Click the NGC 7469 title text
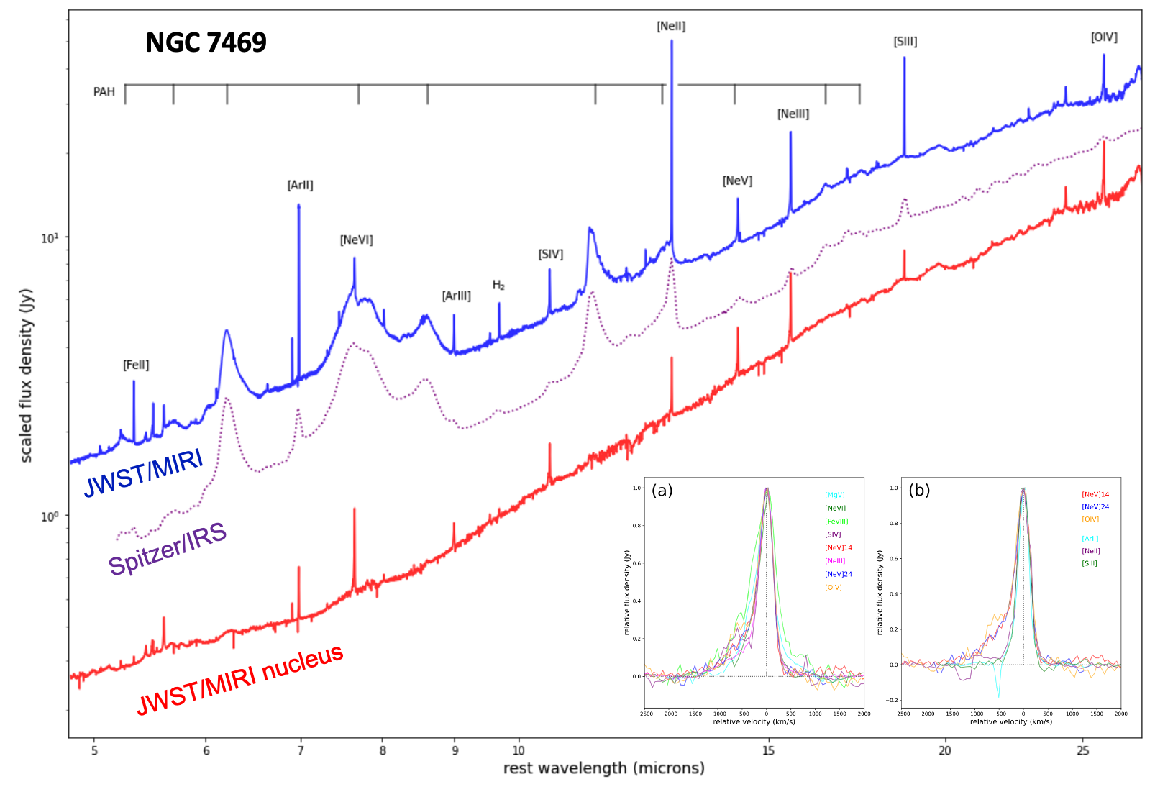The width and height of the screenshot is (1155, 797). pos(206,43)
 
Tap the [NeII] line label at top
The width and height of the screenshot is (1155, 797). pos(671,27)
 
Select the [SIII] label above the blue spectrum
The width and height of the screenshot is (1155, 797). pos(905,42)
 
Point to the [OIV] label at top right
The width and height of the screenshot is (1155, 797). pos(1104,37)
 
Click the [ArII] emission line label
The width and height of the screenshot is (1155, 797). pos(300,186)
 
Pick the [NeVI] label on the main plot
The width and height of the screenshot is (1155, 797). pos(356,240)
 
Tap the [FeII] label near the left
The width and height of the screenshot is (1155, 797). pos(136,365)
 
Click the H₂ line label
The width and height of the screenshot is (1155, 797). pos(498,286)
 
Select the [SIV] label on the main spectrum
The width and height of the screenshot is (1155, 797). pos(550,255)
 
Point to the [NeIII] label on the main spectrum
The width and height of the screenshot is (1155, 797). pos(793,114)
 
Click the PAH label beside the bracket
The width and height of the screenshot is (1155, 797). pos(104,92)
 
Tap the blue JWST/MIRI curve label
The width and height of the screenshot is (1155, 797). pos(144,473)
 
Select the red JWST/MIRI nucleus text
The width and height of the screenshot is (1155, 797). pos(240,680)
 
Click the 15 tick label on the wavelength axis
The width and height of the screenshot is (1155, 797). pos(768,751)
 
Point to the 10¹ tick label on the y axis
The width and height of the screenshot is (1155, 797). pos(49,238)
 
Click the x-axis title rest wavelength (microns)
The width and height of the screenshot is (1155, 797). pos(603,768)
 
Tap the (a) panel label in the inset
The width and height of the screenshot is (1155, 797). pos(662,491)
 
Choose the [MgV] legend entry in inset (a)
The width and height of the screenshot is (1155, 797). pos(834,496)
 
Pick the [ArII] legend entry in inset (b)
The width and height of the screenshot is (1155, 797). pos(1090,539)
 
